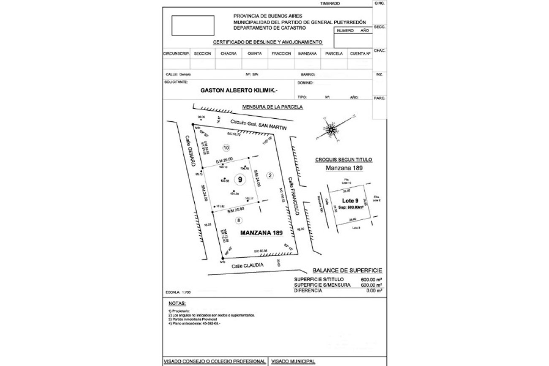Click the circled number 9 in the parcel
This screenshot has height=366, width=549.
pyautogui.click(x=240, y=180)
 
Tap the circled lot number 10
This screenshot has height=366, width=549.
pyautogui.click(x=226, y=148)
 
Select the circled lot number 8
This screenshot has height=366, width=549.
pyautogui.click(x=239, y=220)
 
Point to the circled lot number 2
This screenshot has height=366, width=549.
pyautogui.click(x=271, y=175)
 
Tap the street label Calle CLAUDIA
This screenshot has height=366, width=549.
pyautogui.click(x=248, y=265)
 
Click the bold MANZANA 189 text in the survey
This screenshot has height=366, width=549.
pyautogui.click(x=261, y=232)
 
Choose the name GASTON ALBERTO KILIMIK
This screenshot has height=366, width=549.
pyautogui.click(x=239, y=90)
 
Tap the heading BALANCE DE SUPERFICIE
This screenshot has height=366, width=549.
pyautogui.click(x=347, y=270)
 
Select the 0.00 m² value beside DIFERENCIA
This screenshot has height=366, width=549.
pyautogui.click(x=374, y=290)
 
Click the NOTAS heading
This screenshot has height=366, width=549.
pyautogui.click(x=177, y=303)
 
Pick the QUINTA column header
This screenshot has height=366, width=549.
pyautogui.click(x=255, y=54)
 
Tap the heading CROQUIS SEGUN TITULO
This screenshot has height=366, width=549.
pyautogui.click(x=343, y=160)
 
